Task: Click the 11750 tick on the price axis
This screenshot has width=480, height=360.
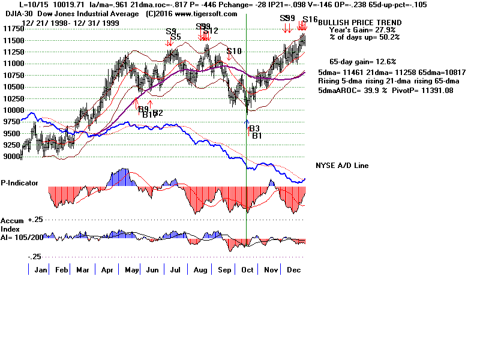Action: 11,28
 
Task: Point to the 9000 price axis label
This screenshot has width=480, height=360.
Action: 11,157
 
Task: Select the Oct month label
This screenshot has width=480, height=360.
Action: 246,269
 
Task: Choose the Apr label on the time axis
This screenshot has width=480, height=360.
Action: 107,269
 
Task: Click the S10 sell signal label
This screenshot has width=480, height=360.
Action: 234,52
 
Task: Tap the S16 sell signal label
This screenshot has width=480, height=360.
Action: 310,20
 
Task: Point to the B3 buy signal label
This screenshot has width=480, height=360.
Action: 254,129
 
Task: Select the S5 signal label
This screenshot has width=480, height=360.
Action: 176,37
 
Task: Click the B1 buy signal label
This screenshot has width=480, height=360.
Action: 257,136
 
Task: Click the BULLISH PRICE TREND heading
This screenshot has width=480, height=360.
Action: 355,23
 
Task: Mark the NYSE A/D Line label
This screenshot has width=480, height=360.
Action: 342,166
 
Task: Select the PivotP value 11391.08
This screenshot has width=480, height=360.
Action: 429,91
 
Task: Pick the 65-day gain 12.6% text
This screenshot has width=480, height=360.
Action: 361,61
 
